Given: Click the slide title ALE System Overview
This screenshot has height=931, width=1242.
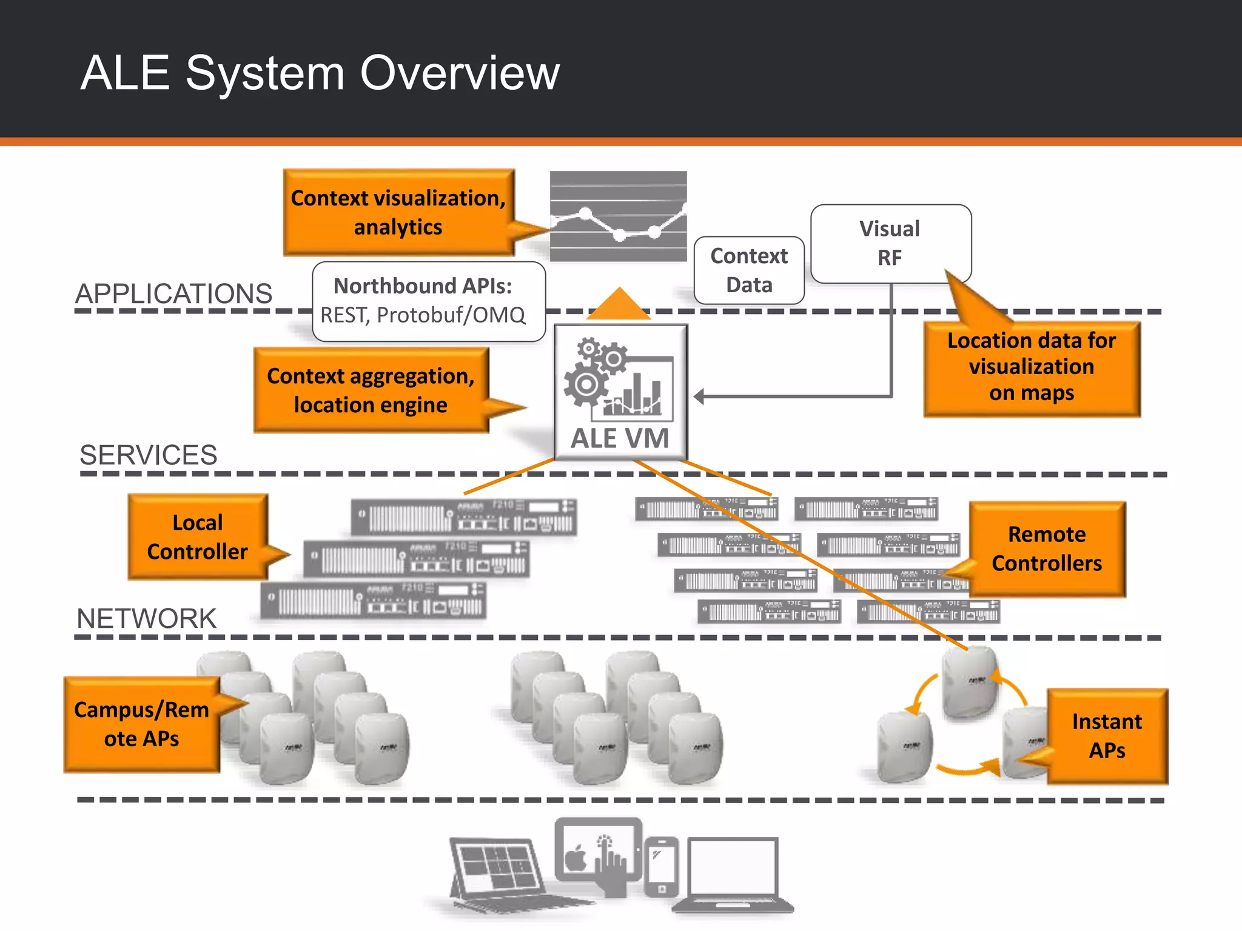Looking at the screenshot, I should click(x=320, y=73).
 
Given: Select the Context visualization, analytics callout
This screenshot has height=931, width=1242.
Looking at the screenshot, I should click(x=398, y=212).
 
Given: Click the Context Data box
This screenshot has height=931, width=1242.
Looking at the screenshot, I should click(x=749, y=270).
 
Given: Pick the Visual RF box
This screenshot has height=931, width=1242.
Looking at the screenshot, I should click(x=890, y=243).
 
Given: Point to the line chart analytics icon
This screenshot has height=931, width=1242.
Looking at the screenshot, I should click(x=618, y=216).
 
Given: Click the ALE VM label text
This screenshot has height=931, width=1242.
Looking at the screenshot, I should click(x=620, y=438).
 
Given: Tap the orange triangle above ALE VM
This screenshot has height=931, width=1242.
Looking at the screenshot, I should click(x=619, y=305).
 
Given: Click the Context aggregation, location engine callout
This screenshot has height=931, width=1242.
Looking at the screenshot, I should click(x=371, y=390).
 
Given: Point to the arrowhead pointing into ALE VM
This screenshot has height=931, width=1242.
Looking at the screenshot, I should click(x=699, y=397).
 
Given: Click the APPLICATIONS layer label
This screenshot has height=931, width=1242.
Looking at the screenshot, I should click(x=173, y=294).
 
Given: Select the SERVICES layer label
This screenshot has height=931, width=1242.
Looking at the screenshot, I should click(x=149, y=455).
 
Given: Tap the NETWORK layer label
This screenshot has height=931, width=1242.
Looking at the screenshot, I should click(x=146, y=619).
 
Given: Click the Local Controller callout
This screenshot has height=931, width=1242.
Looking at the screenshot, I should click(x=198, y=537).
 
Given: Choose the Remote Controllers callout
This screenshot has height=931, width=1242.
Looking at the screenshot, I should click(x=1047, y=549).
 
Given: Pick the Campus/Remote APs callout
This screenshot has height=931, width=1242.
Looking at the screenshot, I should click(x=141, y=724).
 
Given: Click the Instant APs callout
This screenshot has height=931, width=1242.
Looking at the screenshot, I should click(x=1107, y=736).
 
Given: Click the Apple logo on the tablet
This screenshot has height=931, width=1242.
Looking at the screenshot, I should click(x=576, y=858).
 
